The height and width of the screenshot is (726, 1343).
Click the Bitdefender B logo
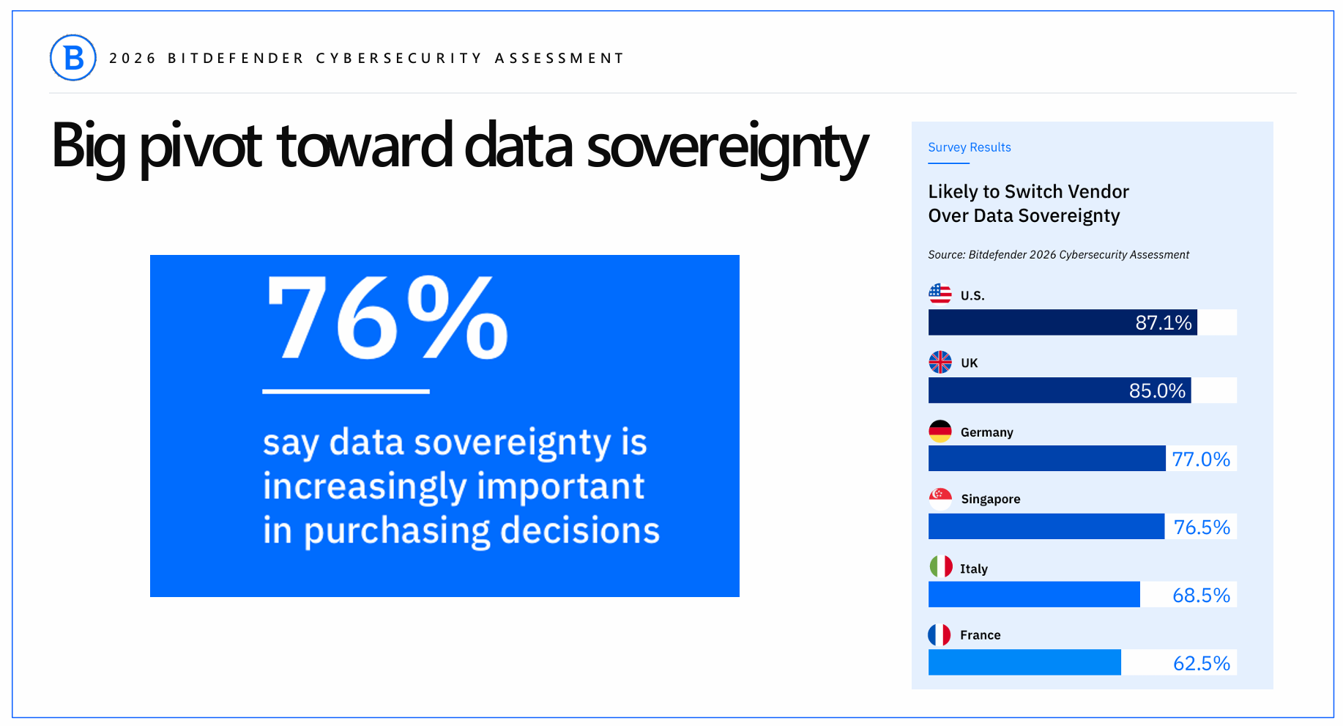73,58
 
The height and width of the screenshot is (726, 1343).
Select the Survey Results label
969,147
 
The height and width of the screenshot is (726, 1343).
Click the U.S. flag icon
940,294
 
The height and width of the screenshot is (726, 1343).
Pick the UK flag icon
940,362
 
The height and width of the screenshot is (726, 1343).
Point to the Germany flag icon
940,431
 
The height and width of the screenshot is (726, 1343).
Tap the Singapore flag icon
940,499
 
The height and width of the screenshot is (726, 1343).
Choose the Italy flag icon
941,566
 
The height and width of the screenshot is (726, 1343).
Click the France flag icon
940,634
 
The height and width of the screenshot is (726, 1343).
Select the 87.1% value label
1164,322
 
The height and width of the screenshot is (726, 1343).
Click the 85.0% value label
1157,390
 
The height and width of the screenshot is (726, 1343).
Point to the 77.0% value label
1201,459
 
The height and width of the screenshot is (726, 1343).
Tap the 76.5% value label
1202,527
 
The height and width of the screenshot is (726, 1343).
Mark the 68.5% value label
1201,596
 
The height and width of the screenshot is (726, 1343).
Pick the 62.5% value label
1202,664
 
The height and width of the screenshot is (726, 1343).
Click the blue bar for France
1024,662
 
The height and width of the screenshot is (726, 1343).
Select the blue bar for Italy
1034,594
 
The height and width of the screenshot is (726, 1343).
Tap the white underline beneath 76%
346,391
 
